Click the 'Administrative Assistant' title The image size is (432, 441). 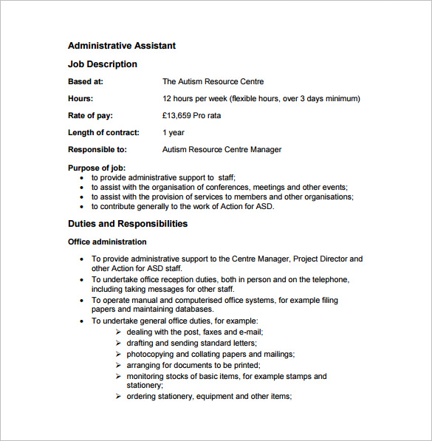pyautogui.click(x=122, y=46)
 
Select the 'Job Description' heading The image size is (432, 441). pyautogui.click(x=103, y=64)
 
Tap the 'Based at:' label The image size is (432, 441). pyautogui.click(x=86, y=82)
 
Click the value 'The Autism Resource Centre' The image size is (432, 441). pyautogui.click(x=213, y=82)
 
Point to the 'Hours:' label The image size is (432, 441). pyautogui.click(x=80, y=98)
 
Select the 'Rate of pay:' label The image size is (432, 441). pyautogui.click(x=90, y=115)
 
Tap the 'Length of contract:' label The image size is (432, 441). pyautogui.click(x=103, y=133)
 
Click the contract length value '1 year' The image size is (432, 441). pyautogui.click(x=174, y=133)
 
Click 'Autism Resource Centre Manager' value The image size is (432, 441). pyautogui.click(x=222, y=150)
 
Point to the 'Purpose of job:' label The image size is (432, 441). pyautogui.click(x=97, y=168)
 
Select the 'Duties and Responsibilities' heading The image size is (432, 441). pyautogui.click(x=128, y=224)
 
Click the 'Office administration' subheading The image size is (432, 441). pyautogui.click(x=107, y=242)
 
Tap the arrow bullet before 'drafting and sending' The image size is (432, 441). pyautogui.click(x=119, y=343)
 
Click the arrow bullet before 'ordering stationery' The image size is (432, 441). pyautogui.click(x=119, y=397)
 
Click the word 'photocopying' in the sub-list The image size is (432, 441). pyautogui.click(x=150, y=355)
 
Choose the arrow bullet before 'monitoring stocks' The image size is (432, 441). pyautogui.click(x=119, y=377)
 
